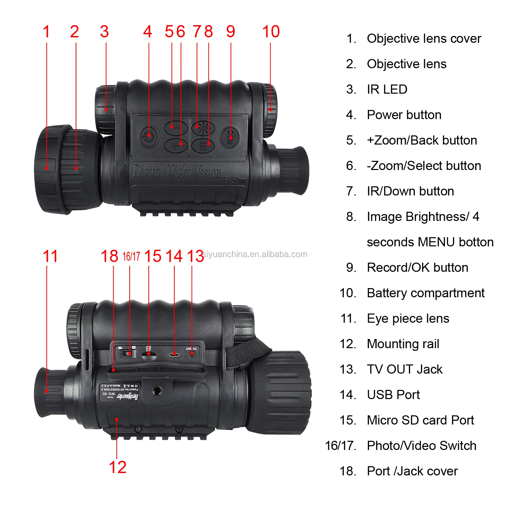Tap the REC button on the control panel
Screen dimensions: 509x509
point(230,137)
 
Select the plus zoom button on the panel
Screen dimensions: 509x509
point(176,145)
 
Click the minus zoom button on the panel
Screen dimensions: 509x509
point(176,128)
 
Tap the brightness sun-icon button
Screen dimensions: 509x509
point(203,128)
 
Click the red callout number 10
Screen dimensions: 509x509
point(271,32)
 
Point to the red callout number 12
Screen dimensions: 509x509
point(117,467)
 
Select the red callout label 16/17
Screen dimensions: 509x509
point(131,257)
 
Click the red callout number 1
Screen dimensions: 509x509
point(46,32)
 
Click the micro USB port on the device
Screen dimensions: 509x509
point(174,355)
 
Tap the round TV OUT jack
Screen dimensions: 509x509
point(192,354)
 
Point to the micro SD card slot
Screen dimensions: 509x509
point(149,354)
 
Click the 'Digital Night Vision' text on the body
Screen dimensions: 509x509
point(177,172)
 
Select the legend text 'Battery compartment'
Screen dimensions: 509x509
point(426,293)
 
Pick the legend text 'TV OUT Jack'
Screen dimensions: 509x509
point(404,369)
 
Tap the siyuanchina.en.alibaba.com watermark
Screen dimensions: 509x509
point(255,254)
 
